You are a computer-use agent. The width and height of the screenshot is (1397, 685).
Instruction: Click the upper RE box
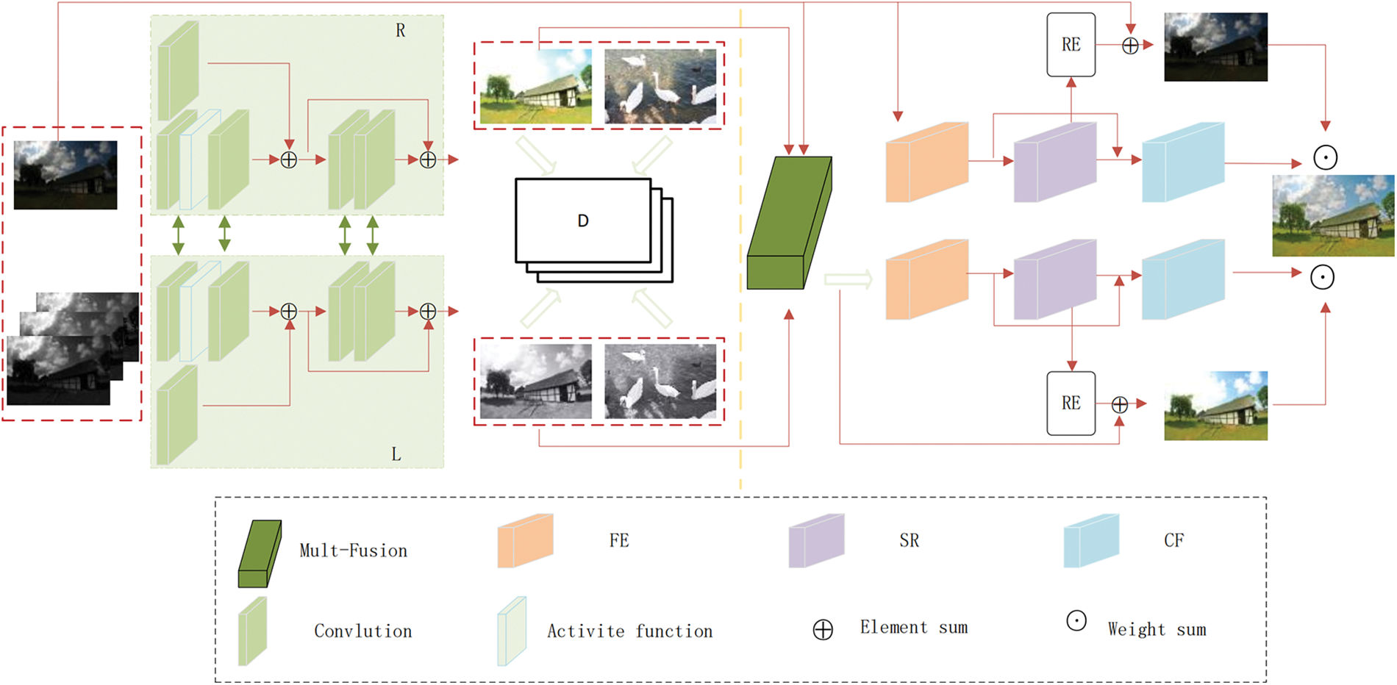click(x=1071, y=45)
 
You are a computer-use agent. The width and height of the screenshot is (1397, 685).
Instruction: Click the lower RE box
click(x=1071, y=404)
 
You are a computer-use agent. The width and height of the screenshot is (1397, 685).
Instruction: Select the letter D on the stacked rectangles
click(x=582, y=221)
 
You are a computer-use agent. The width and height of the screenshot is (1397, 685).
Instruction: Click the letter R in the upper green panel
click(x=400, y=31)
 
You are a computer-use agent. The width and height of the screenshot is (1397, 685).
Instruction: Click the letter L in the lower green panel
click(x=396, y=454)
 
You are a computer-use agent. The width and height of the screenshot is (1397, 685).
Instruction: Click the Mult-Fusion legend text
click(x=353, y=551)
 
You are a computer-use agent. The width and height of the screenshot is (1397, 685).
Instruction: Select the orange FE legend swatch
click(x=524, y=541)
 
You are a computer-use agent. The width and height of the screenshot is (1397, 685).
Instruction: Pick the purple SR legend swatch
click(x=815, y=541)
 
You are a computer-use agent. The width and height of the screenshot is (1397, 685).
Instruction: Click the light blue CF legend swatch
click(x=1090, y=541)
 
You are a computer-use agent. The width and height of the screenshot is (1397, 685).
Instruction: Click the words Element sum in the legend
click(x=913, y=628)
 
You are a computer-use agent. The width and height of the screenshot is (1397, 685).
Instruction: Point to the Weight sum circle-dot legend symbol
click(x=1076, y=621)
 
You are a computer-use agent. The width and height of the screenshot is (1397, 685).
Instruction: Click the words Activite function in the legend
click(x=629, y=631)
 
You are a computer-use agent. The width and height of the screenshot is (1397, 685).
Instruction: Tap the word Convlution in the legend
click(x=362, y=631)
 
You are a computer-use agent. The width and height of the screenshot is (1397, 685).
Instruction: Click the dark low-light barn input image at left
click(x=65, y=175)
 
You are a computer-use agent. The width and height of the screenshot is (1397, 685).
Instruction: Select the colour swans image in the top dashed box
click(x=660, y=86)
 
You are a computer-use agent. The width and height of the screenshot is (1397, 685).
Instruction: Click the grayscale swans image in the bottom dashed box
click(x=660, y=381)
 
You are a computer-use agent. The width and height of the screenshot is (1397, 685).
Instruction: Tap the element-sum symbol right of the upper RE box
click(x=1130, y=46)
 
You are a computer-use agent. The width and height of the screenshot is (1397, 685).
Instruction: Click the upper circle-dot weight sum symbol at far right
click(x=1325, y=157)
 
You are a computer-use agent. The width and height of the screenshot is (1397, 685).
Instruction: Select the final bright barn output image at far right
click(x=1332, y=215)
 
